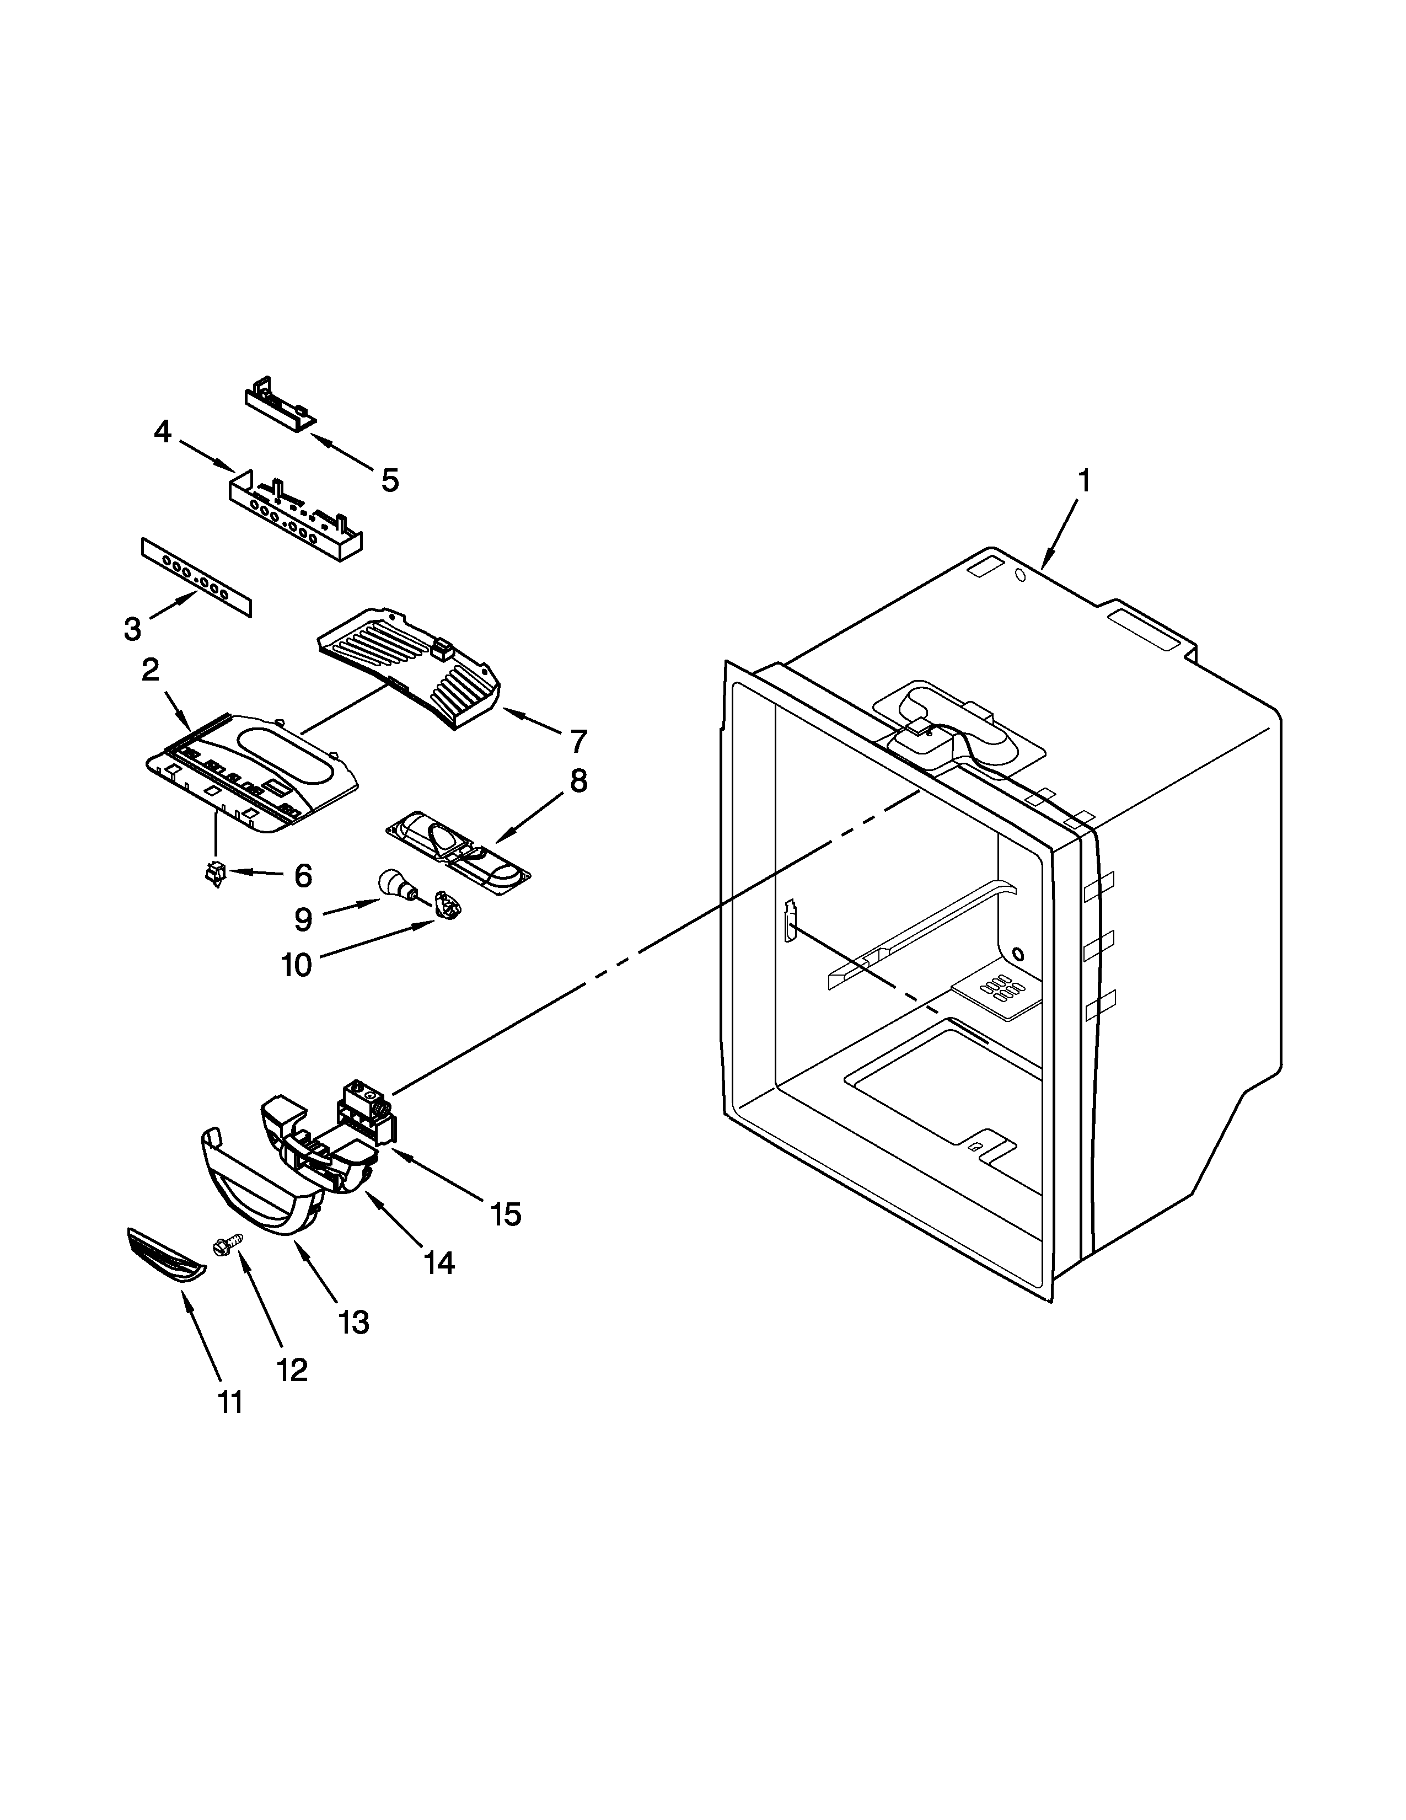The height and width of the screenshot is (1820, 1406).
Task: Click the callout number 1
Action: [1083, 481]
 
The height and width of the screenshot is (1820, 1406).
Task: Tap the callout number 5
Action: [389, 480]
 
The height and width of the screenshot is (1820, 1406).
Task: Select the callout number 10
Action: [296, 965]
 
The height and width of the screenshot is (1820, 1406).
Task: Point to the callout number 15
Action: [506, 1215]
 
